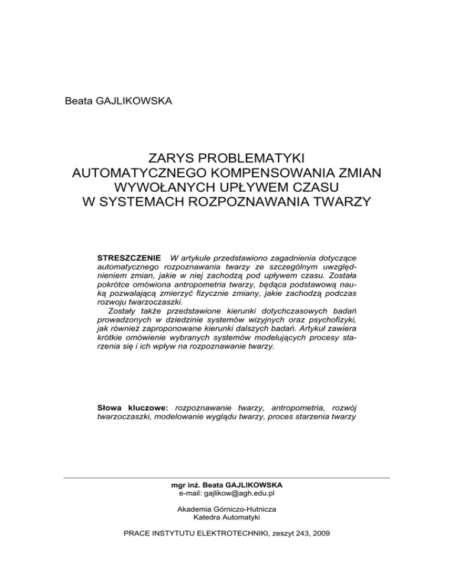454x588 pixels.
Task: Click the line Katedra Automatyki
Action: click(227, 517)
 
